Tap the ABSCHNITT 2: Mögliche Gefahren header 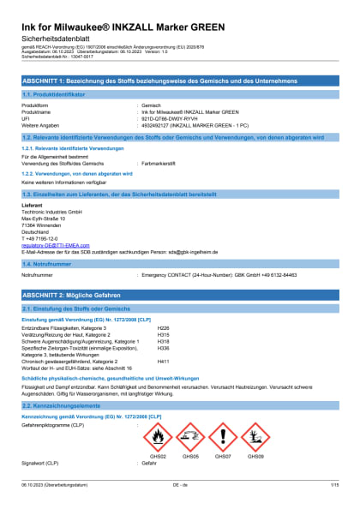[179, 293]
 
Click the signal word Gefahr [149, 463]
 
